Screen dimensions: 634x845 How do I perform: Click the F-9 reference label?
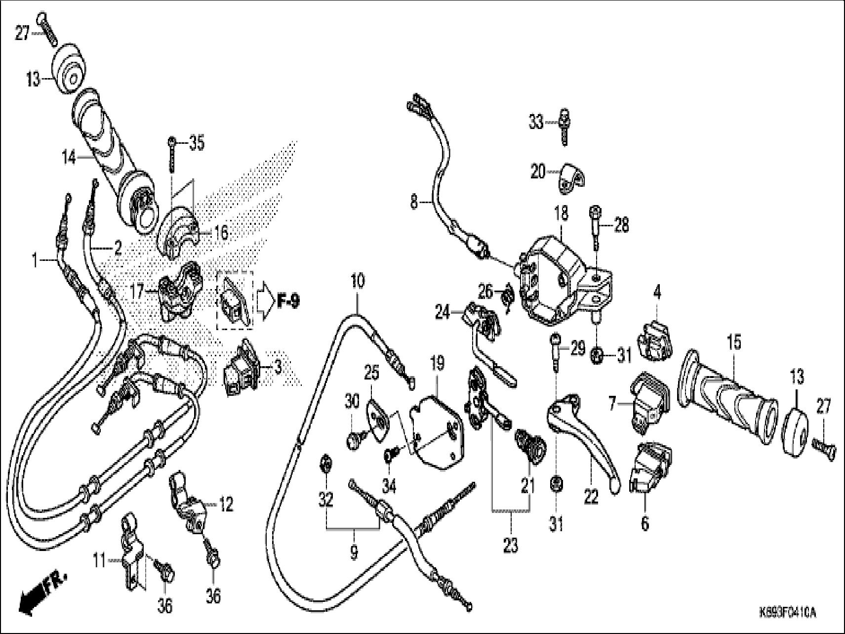pos(287,301)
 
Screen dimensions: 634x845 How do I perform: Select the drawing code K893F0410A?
pos(787,614)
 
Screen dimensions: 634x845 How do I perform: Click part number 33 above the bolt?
pos(536,121)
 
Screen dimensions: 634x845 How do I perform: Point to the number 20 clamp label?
pos(538,172)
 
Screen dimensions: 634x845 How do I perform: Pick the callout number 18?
pos(561,213)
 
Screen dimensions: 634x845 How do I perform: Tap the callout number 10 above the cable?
pos(358,282)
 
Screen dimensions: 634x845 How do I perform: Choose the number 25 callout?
pos(371,374)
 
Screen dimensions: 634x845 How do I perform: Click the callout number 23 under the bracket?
pos(511,546)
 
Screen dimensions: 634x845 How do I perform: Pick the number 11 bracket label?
pos(100,561)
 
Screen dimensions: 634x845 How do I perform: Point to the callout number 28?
pos(622,226)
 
